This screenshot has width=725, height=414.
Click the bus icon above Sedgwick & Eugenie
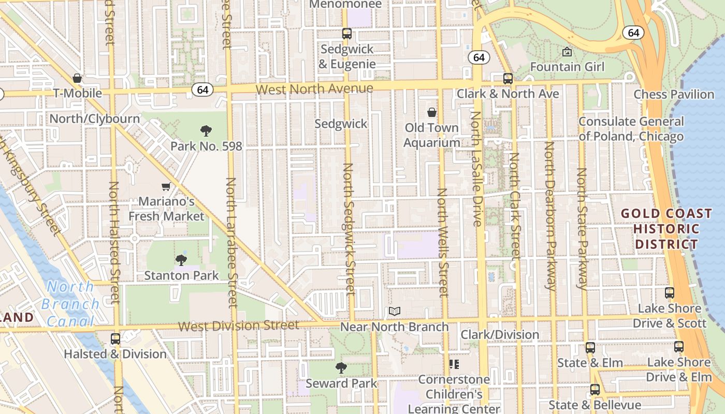pyautogui.click(x=347, y=34)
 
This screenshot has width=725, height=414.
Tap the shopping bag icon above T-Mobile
pyautogui.click(x=77, y=78)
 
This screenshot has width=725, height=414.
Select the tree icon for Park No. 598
pyautogui.click(x=206, y=130)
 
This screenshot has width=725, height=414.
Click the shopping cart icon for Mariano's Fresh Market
pyautogui.click(x=166, y=186)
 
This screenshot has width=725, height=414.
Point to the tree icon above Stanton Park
pyautogui.click(x=181, y=260)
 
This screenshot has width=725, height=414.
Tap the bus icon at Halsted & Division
pyautogui.click(x=115, y=339)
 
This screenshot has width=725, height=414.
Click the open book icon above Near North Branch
pyautogui.click(x=395, y=312)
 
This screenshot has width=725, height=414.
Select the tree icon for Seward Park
pyautogui.click(x=341, y=368)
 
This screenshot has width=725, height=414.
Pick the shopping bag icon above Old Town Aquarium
pyautogui.click(x=432, y=112)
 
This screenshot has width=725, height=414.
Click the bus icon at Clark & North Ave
pyautogui.click(x=508, y=79)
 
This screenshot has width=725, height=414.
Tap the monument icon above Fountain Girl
pyautogui.click(x=567, y=52)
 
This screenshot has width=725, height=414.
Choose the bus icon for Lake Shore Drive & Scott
pyautogui.click(x=670, y=293)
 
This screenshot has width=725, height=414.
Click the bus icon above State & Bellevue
pyautogui.click(x=595, y=390)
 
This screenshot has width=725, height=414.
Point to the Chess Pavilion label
pyautogui.click(x=674, y=94)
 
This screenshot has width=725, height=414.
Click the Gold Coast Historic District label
pyautogui.click(x=666, y=229)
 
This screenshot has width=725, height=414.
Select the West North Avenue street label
pyautogui.click(x=314, y=89)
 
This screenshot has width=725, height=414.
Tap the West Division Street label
pyautogui.click(x=239, y=326)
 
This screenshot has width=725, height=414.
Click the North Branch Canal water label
pyautogui.click(x=70, y=304)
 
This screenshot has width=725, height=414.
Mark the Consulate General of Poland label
pyautogui.click(x=631, y=129)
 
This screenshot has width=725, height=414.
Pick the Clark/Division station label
pyautogui.click(x=500, y=334)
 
